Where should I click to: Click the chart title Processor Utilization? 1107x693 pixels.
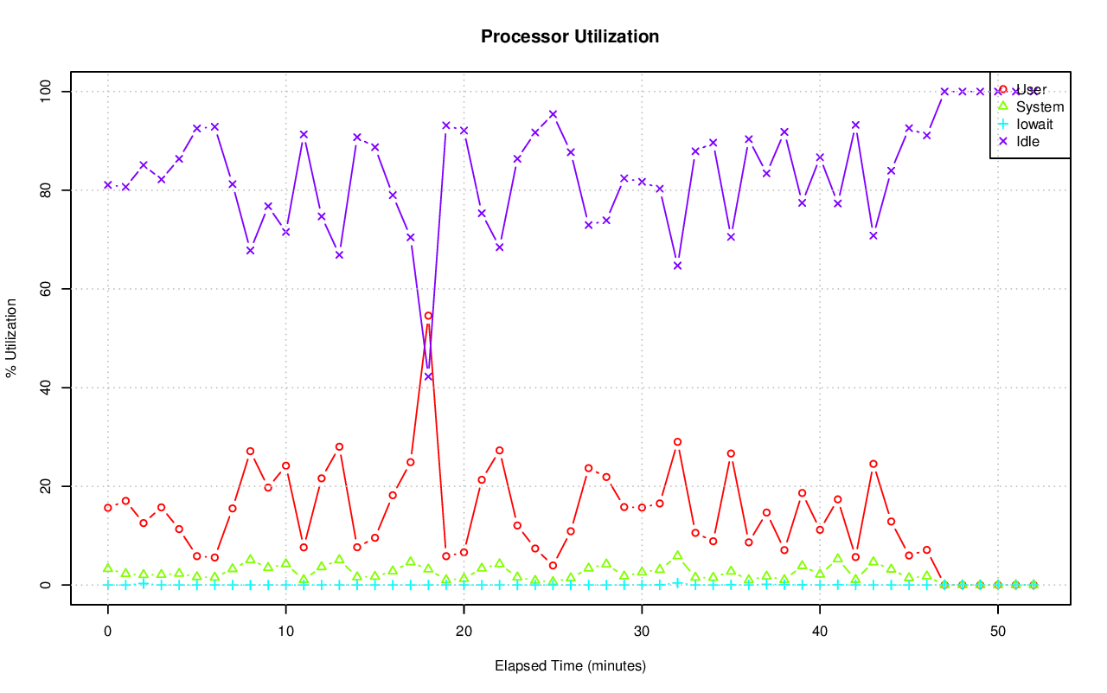coord(570,36)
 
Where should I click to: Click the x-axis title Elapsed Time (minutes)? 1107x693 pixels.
coord(570,666)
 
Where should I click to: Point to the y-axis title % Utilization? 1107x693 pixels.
coord(11,337)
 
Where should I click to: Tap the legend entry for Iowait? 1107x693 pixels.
coord(1034,124)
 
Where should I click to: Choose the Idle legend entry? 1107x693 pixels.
coord(1027,141)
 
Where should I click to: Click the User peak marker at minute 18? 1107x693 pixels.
coord(428,316)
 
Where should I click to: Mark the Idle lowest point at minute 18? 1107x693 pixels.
coord(428,376)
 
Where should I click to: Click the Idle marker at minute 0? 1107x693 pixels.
coord(108,185)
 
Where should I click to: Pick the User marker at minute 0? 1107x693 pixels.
coord(108,508)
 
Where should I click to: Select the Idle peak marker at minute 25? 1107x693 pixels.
coord(553,114)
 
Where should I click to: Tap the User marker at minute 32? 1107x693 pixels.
coord(677,442)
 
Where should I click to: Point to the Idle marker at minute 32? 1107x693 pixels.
coord(677,266)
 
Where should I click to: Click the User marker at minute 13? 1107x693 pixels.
coord(339,446)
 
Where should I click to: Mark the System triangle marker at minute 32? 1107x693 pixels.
coord(677,555)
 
